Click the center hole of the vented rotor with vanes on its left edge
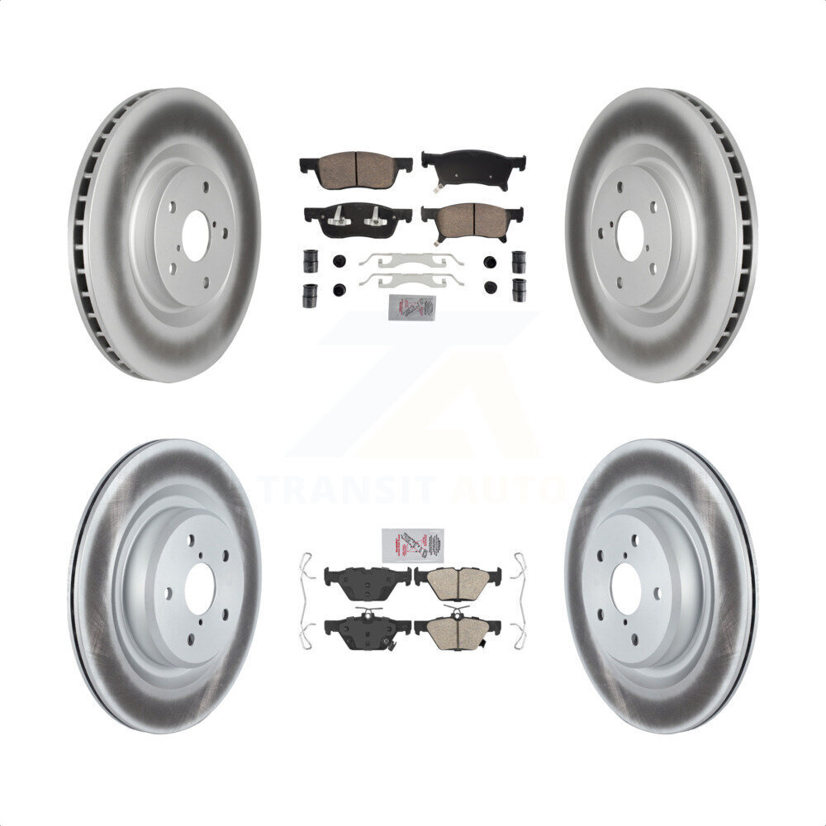coord(196,236)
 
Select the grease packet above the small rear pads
coord(412,545)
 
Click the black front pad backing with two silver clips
coord(357,219)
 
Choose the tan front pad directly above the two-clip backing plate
coord(355,168)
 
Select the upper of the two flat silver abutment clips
coord(411,259)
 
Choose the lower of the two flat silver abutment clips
coord(411,279)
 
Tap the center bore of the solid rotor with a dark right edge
coord(626,589)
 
